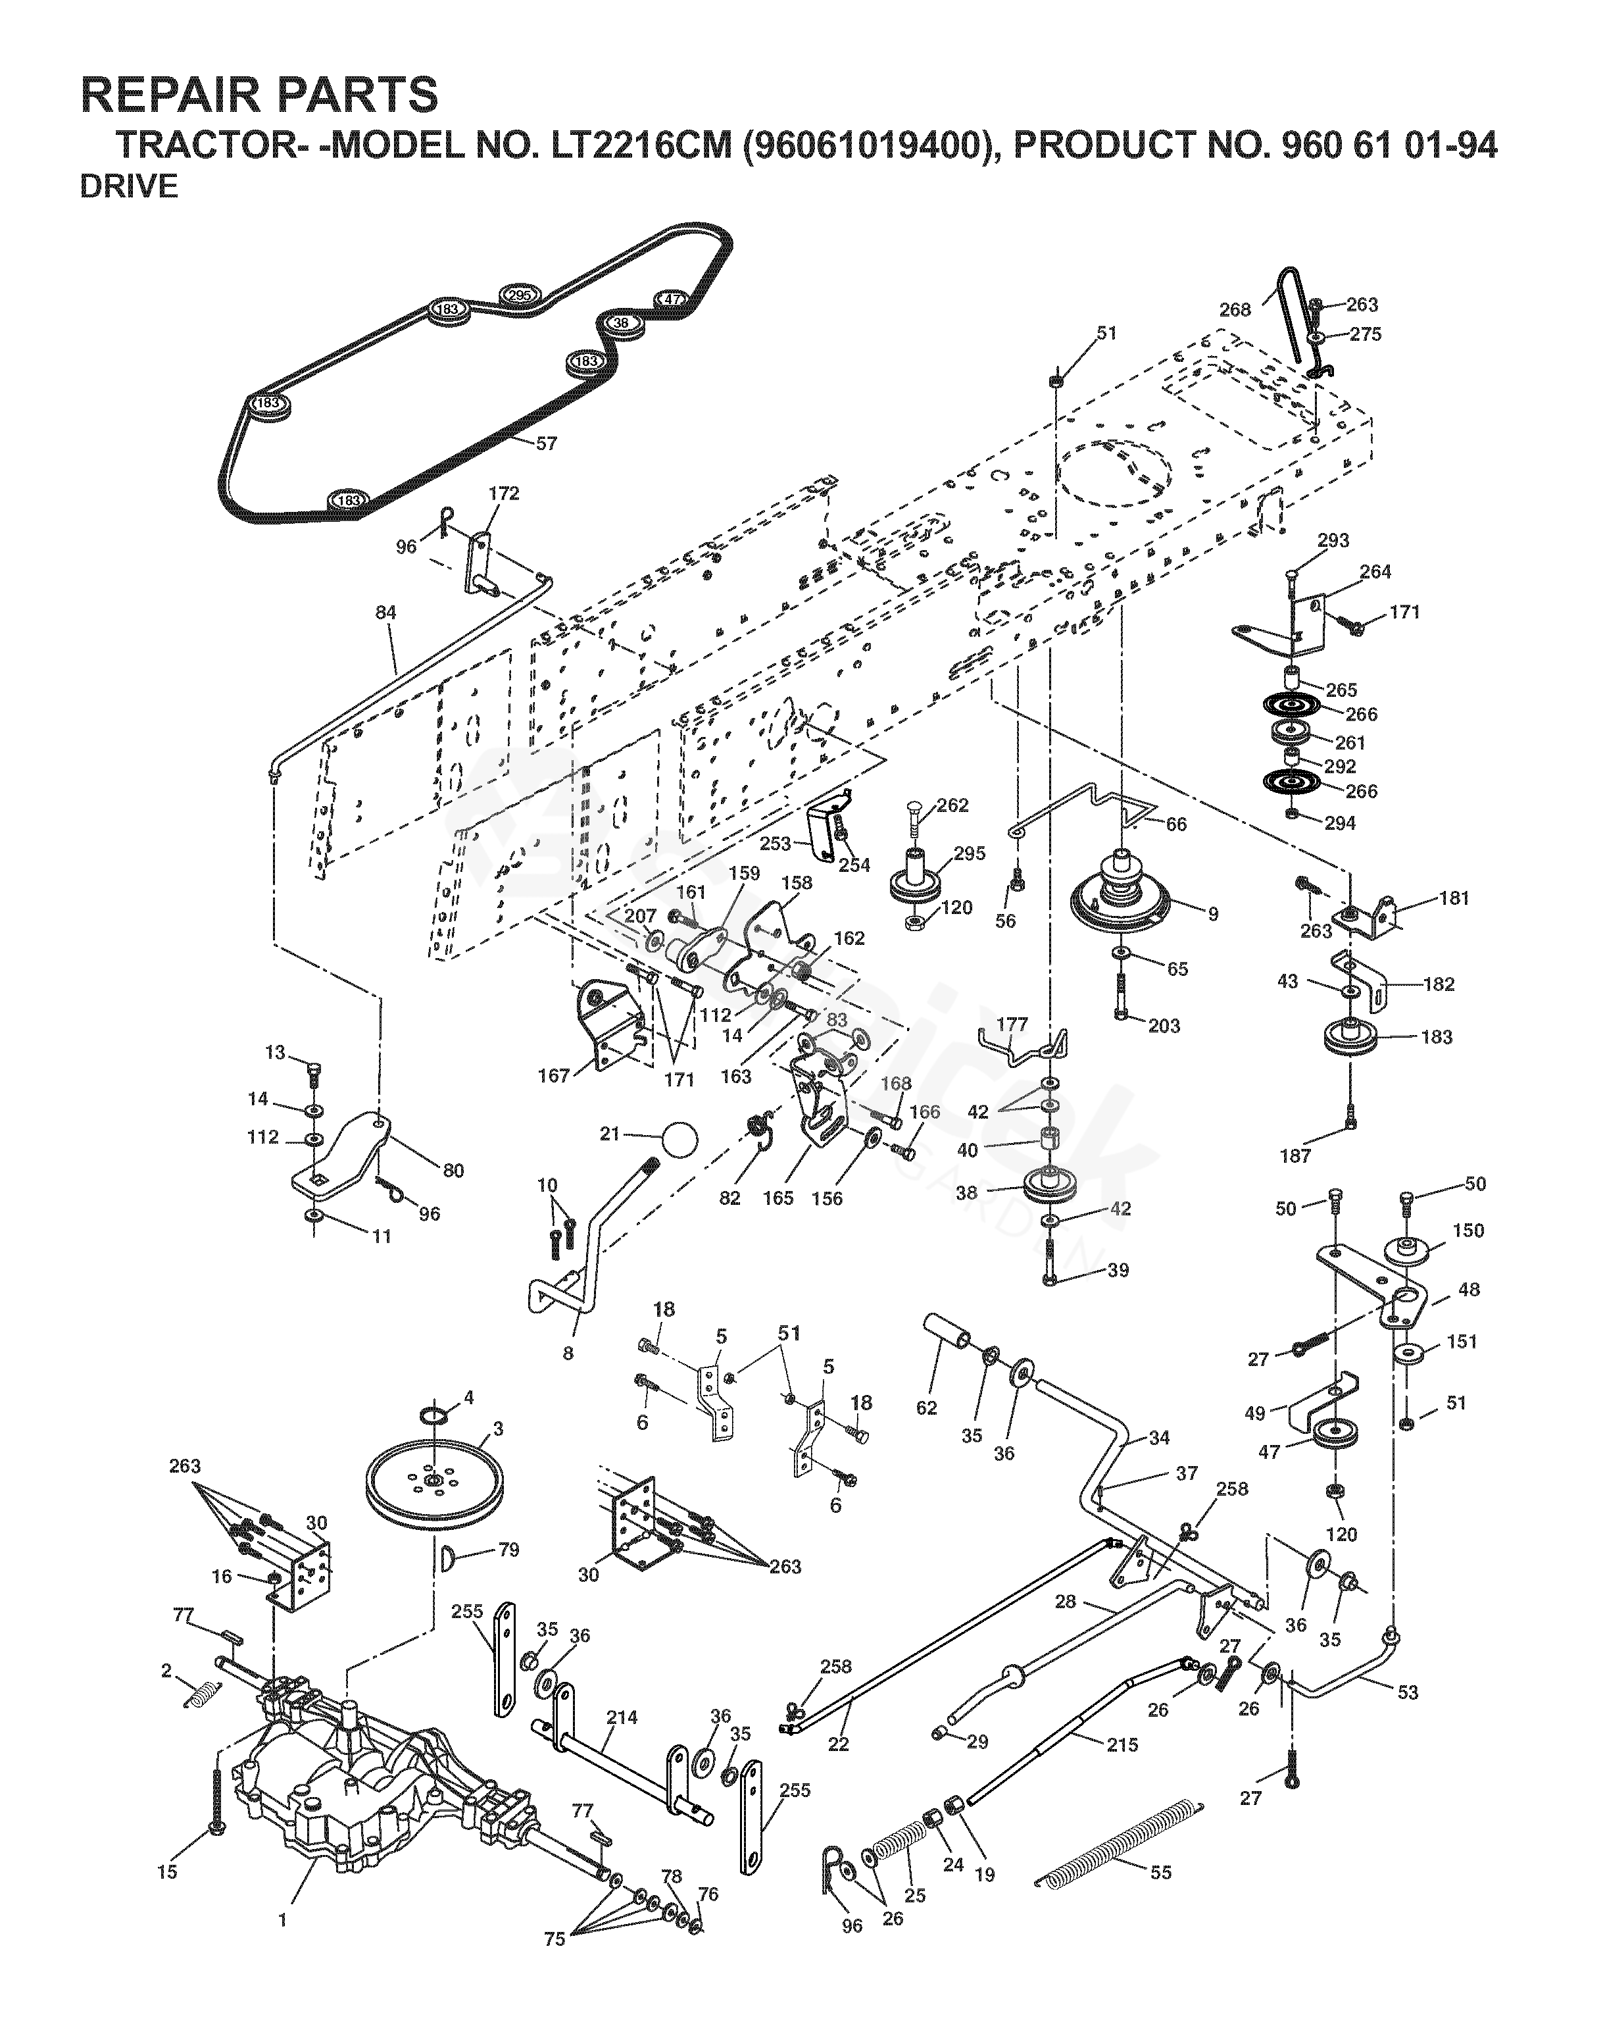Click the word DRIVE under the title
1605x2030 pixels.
coord(129,187)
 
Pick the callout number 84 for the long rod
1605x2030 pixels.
coord(385,613)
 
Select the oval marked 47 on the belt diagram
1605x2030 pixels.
coord(671,299)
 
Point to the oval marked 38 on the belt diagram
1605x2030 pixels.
coord(621,322)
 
